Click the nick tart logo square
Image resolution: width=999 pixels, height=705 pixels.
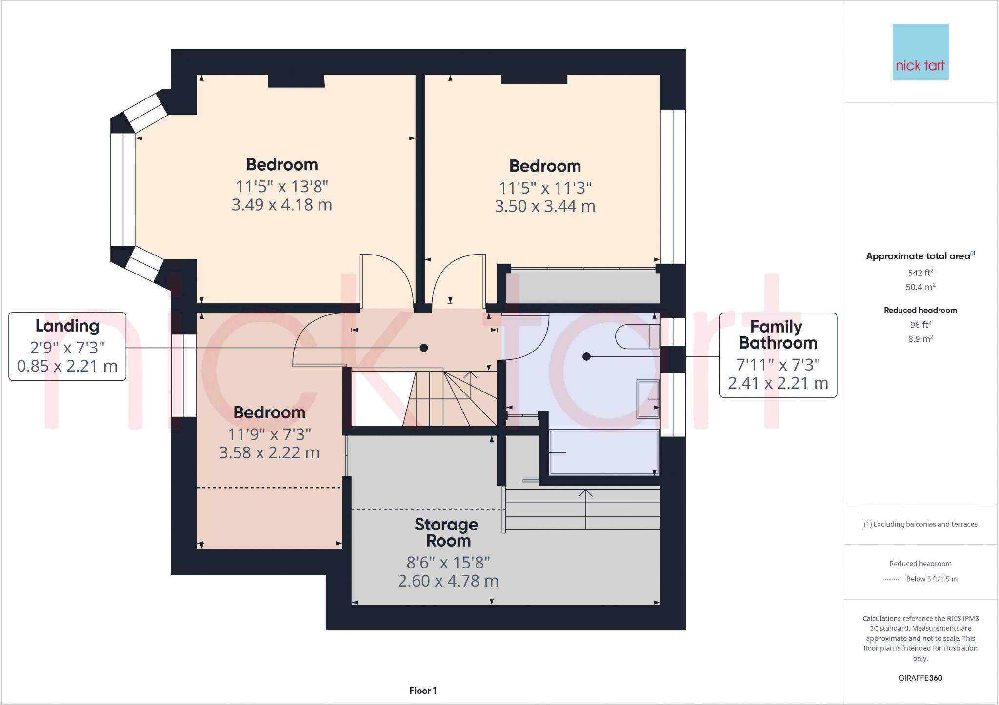[x=920, y=52]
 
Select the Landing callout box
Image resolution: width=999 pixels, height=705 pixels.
[x=67, y=346]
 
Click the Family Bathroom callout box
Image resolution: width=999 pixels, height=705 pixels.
[x=778, y=355]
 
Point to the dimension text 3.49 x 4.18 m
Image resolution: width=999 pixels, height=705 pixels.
[x=281, y=205]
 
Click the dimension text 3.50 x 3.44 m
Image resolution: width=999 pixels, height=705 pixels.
[x=545, y=206]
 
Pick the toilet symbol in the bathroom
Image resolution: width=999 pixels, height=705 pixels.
[x=637, y=336]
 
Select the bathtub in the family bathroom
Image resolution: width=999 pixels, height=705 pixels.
[x=604, y=452]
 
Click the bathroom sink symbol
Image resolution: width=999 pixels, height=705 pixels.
[x=648, y=399]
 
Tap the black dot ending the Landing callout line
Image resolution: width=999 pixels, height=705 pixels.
[x=424, y=348]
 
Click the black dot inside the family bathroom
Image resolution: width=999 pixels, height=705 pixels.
[x=587, y=357]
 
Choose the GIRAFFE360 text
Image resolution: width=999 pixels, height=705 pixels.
[x=920, y=678]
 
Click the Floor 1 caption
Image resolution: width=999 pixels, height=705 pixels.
[x=423, y=691]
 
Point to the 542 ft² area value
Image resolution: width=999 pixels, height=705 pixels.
[x=920, y=273]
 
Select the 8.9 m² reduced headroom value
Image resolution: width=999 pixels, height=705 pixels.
[x=920, y=339]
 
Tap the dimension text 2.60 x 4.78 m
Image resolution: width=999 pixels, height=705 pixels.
[x=448, y=581]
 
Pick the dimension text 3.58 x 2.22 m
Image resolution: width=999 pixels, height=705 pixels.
[x=269, y=453]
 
